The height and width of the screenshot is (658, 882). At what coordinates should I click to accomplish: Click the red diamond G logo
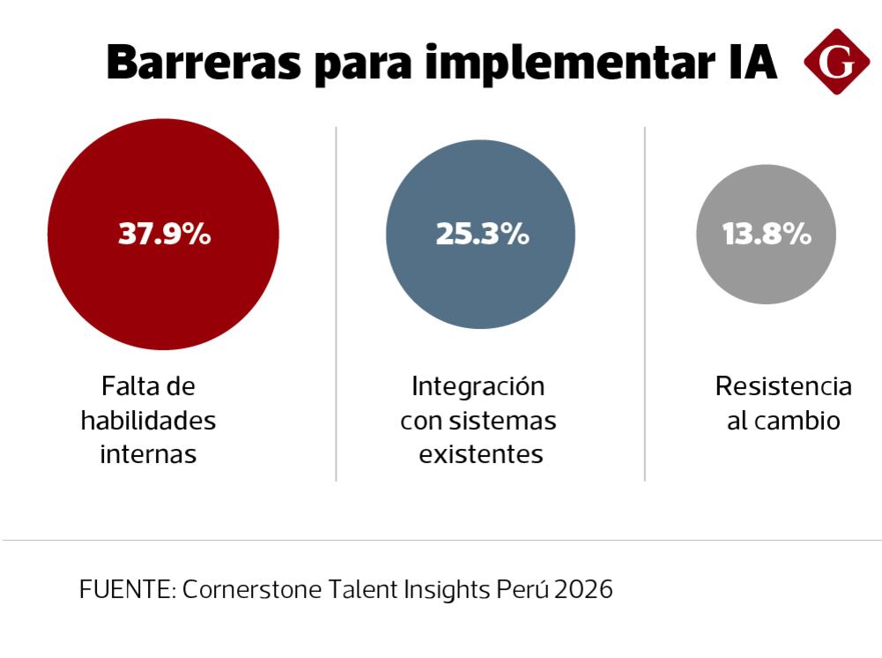(835, 62)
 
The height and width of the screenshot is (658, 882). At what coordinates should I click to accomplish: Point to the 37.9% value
(164, 235)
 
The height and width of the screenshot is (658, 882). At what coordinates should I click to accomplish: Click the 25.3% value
(481, 235)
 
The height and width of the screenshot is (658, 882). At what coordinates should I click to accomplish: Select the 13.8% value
(766, 235)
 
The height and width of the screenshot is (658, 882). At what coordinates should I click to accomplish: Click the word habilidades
(148, 421)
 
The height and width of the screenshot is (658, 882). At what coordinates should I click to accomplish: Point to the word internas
(148, 454)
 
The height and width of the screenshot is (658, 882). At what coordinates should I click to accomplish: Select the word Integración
(478, 387)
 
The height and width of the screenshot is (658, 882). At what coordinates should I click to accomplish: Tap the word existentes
(480, 454)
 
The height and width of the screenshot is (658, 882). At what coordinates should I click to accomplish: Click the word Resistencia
(783, 387)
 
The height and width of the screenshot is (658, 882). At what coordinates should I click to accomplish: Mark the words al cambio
(783, 421)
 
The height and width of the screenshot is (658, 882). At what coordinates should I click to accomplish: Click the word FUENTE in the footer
(125, 589)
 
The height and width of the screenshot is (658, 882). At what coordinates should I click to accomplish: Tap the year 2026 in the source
(583, 589)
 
